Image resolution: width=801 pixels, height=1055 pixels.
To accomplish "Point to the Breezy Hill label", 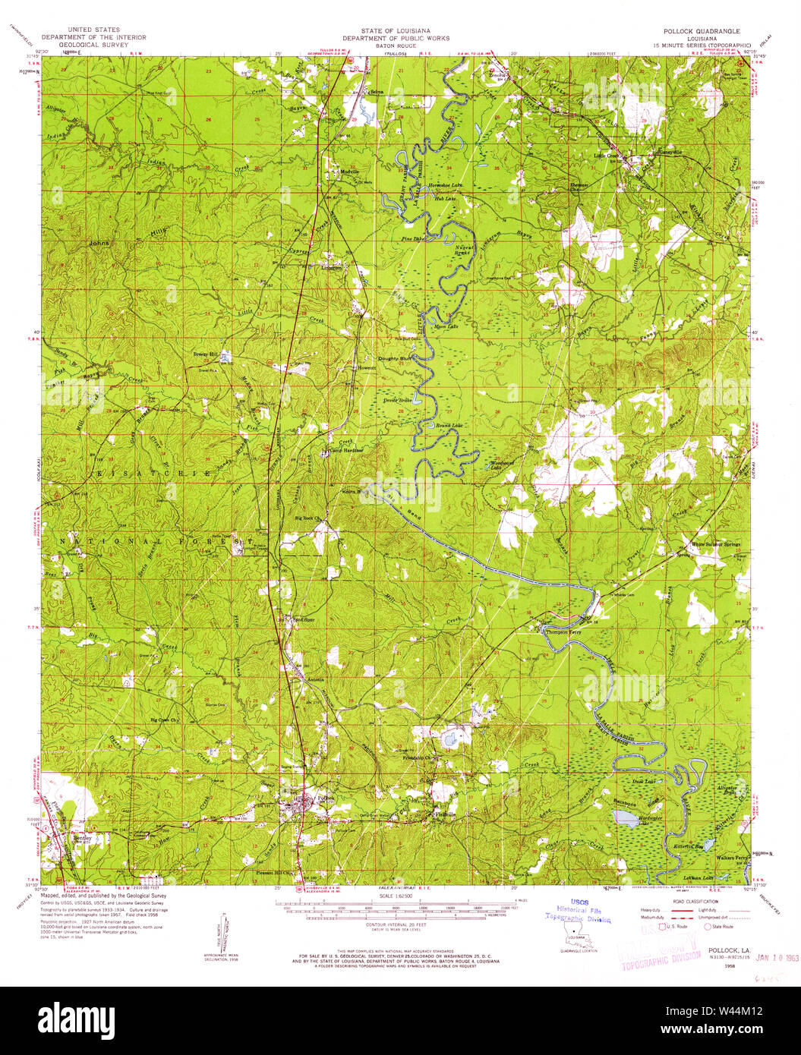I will click(206, 354).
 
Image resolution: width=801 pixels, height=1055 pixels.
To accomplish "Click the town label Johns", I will click(99, 243).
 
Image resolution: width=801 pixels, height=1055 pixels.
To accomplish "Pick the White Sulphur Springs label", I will click(715, 544).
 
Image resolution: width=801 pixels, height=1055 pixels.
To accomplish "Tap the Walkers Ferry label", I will click(733, 858).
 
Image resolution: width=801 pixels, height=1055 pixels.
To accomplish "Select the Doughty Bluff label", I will click(395, 358).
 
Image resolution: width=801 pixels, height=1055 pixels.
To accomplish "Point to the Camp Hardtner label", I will click(345, 450).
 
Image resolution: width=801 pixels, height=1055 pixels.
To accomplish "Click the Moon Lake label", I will click(446, 326).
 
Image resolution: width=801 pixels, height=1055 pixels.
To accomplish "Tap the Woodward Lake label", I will click(502, 465).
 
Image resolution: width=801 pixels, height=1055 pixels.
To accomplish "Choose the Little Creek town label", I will click(607, 156).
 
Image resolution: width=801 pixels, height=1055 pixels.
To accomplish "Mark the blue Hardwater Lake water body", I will click(625, 817).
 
